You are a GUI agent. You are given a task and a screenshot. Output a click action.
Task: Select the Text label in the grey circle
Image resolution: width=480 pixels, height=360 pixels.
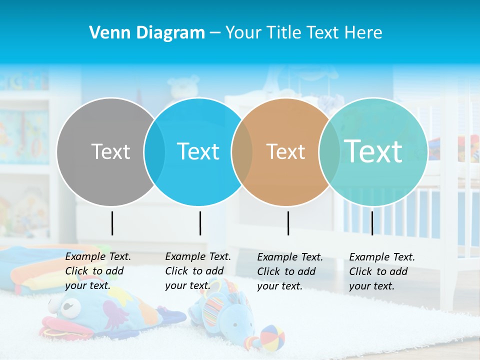point(110,151)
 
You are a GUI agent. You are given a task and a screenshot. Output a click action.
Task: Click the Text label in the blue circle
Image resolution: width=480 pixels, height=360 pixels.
point(198,151)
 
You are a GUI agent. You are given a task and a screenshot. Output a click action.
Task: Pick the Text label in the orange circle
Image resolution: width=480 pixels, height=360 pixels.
point(285,151)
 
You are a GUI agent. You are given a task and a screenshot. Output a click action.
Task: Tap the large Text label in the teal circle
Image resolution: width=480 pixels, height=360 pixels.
point(373,151)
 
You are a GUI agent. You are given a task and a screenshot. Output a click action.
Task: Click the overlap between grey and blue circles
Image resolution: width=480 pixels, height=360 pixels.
point(154,151)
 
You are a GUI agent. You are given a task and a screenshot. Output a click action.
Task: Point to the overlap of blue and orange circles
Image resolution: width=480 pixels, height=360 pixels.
point(242,151)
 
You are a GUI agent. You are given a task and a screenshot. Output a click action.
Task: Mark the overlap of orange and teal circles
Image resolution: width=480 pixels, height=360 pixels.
point(329,151)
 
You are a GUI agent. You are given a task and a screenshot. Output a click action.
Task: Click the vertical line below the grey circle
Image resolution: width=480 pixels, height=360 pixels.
point(112,223)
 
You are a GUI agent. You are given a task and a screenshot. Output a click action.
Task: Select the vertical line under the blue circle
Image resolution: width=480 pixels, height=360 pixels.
point(200,223)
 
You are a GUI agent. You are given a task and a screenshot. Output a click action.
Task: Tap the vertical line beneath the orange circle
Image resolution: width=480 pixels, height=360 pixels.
point(288,223)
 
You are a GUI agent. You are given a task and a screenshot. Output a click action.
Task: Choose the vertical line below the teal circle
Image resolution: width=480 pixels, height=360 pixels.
point(372,223)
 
